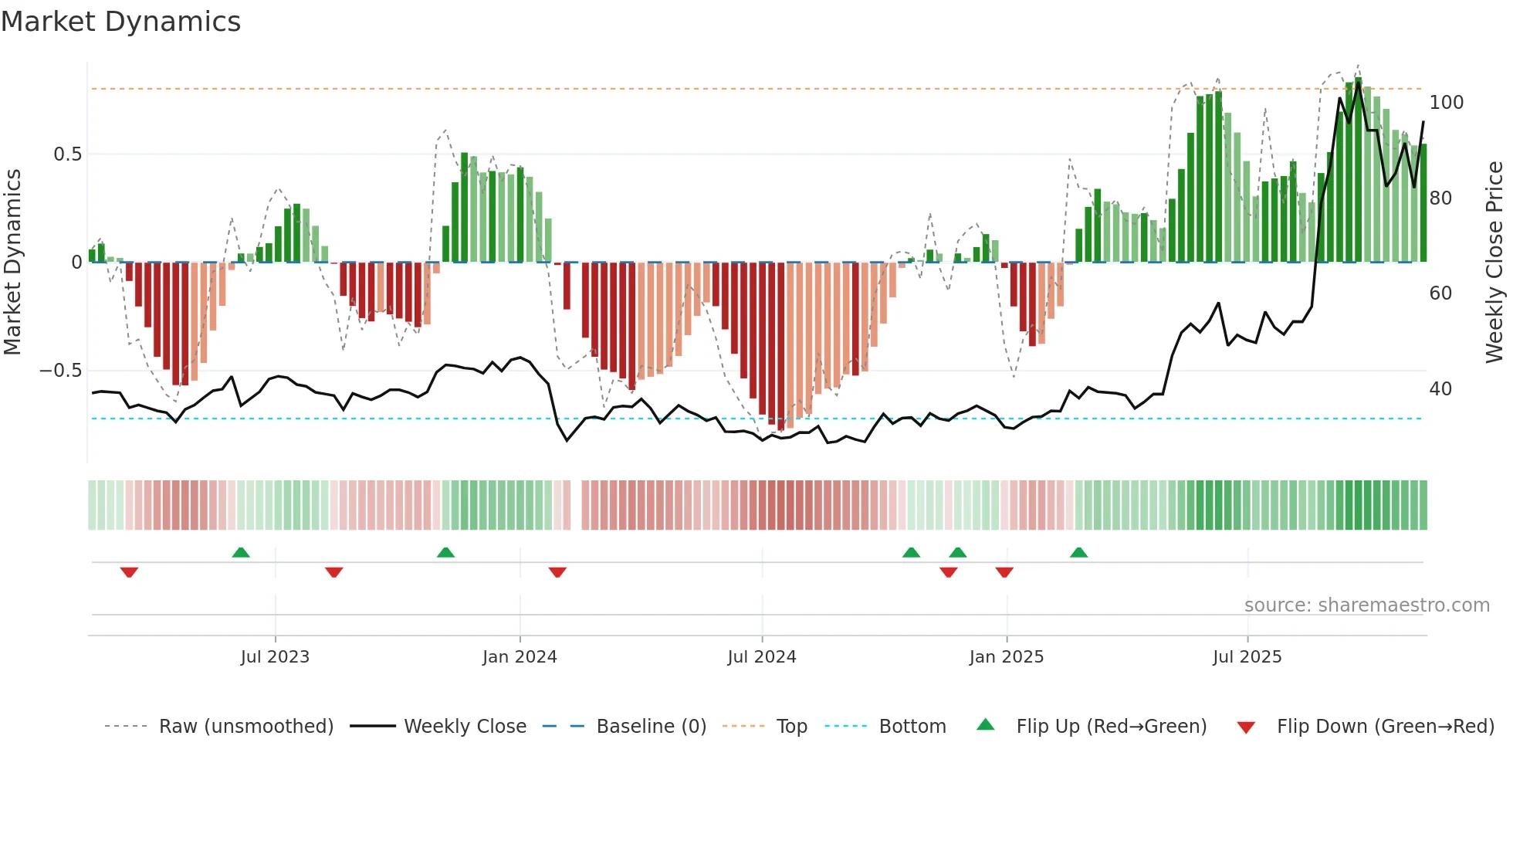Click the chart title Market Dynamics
tap(120, 22)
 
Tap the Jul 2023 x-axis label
tap(275, 657)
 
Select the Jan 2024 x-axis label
tap(520, 657)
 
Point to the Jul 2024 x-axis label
tap(762, 657)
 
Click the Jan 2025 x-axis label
tap(1007, 657)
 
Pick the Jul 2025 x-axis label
tap(1247, 657)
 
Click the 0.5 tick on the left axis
tap(67, 154)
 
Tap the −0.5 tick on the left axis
tap(61, 371)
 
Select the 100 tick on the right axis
tap(1447, 103)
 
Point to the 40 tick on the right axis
tap(1440, 389)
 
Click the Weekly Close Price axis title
tap(1494, 263)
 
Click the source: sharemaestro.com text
tap(1367, 605)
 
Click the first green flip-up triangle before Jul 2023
tap(241, 552)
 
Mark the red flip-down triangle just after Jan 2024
tap(557, 572)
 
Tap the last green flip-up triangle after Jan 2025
tap(1079, 552)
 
